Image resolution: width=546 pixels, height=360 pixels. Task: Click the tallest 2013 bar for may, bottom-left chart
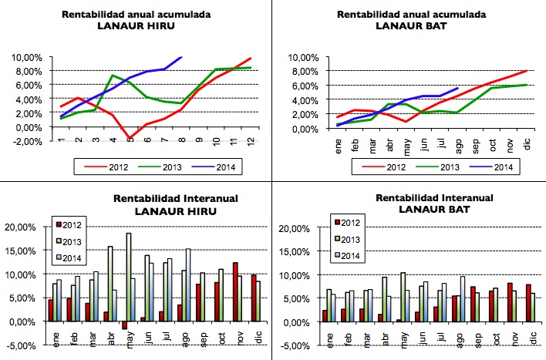(129, 277)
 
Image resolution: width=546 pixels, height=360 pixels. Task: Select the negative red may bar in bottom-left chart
(123, 325)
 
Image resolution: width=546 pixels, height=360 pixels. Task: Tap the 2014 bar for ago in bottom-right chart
(463, 298)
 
